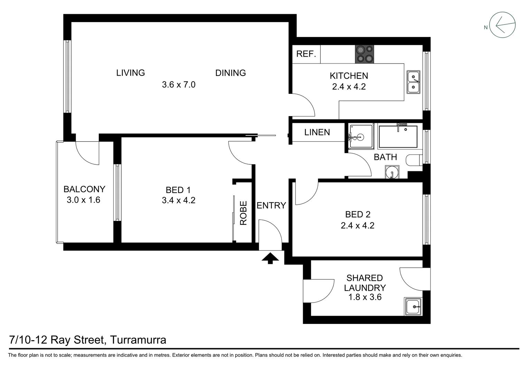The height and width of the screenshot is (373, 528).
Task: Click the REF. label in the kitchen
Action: (x=306, y=54)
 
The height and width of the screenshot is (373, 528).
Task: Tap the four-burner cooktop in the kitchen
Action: (x=364, y=54)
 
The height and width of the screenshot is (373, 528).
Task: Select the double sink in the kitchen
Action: (x=413, y=82)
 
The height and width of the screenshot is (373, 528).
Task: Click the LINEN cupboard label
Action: (x=317, y=132)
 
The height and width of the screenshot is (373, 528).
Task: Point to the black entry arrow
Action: (x=270, y=258)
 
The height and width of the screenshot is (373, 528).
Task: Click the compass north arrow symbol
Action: (x=503, y=25)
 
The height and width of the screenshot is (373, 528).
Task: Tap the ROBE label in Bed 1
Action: (x=244, y=213)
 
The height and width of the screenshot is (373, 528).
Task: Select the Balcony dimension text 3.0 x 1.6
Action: (x=83, y=200)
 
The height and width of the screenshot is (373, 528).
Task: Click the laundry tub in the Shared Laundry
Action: (x=413, y=306)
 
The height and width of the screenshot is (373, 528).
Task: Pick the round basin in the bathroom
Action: (x=392, y=172)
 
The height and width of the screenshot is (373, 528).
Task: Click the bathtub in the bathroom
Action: (x=398, y=137)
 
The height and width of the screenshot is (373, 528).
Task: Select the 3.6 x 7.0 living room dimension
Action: (x=179, y=84)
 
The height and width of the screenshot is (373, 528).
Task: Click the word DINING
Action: (x=230, y=73)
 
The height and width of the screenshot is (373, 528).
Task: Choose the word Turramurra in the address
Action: (x=138, y=340)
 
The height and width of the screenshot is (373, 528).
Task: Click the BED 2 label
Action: (x=358, y=214)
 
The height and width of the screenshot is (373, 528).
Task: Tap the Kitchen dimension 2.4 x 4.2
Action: (x=349, y=87)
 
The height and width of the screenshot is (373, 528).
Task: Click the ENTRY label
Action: (x=271, y=205)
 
